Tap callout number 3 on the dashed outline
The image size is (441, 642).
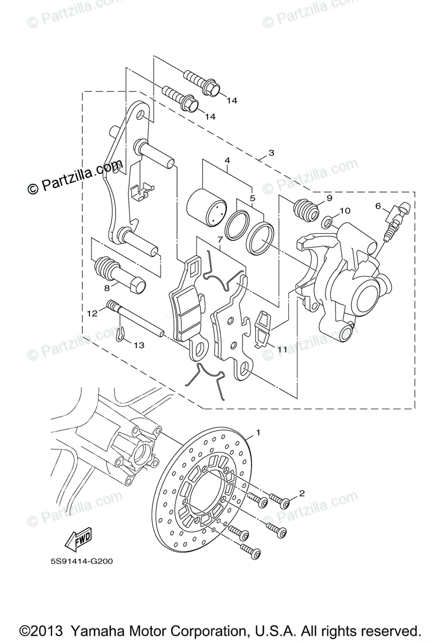click(x=271, y=152)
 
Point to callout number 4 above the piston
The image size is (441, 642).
click(x=227, y=160)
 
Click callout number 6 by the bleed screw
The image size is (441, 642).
click(x=378, y=205)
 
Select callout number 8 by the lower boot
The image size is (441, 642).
click(x=107, y=288)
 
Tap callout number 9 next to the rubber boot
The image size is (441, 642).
click(x=329, y=198)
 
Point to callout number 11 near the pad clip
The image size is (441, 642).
click(x=282, y=349)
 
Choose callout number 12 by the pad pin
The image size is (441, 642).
click(x=92, y=313)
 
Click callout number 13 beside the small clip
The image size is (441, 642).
click(x=139, y=346)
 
